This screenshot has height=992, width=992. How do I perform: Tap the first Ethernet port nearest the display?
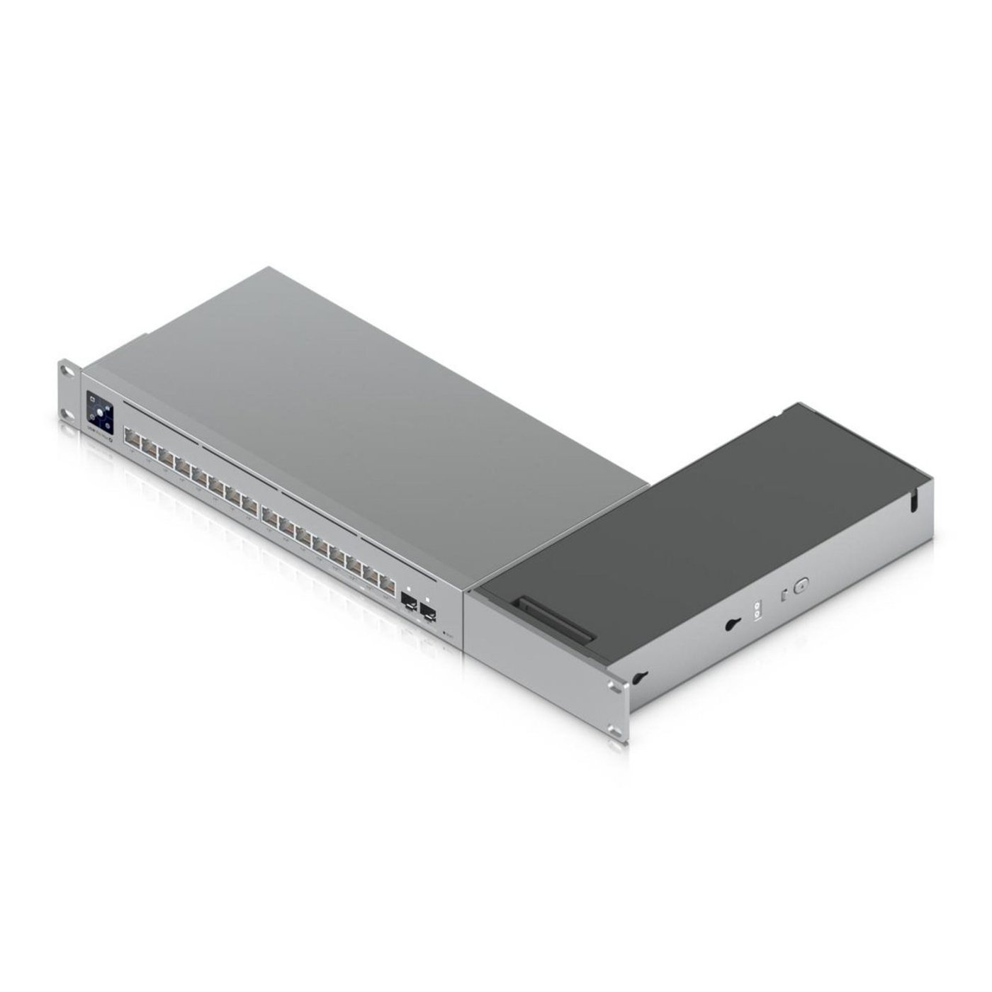click(x=132, y=436)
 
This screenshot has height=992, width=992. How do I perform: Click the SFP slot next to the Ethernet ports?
click(x=410, y=599)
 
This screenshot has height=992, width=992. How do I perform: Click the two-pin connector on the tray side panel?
click(x=757, y=610)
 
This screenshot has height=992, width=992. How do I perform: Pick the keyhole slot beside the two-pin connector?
click(x=731, y=624)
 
